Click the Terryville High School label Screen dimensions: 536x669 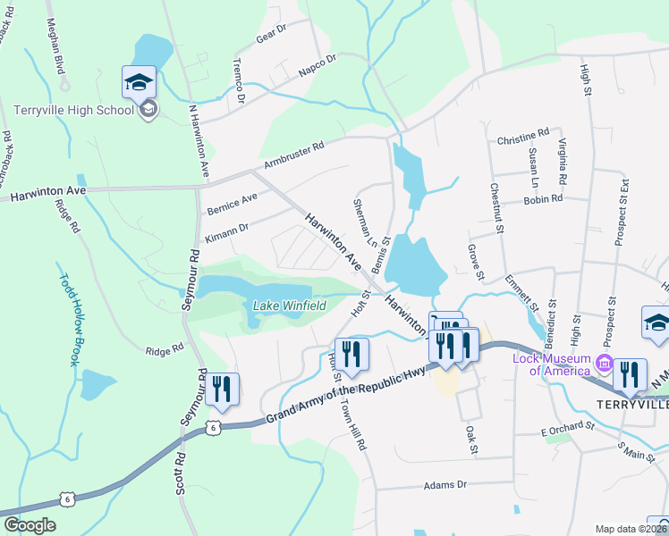(x=73, y=111)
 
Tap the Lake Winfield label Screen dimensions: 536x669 (x=289, y=306)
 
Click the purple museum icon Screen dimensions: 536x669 (x=605, y=365)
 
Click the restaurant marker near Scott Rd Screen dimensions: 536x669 (x=222, y=389)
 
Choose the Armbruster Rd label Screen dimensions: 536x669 (x=293, y=154)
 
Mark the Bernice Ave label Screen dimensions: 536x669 (x=233, y=203)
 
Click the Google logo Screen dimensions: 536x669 (x=30, y=525)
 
